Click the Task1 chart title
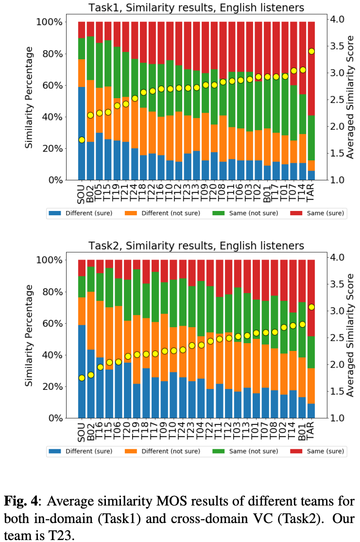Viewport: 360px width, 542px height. click(196, 8)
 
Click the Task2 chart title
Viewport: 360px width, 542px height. click(196, 246)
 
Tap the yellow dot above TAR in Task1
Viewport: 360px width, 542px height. click(311, 51)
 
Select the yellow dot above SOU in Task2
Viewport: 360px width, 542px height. click(82, 378)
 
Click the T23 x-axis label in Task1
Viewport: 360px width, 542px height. click(188, 192)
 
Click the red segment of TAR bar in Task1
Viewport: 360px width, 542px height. click(311, 68)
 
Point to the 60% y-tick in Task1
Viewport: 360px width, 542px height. click(48, 86)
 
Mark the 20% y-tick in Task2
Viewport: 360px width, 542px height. click(48, 387)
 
